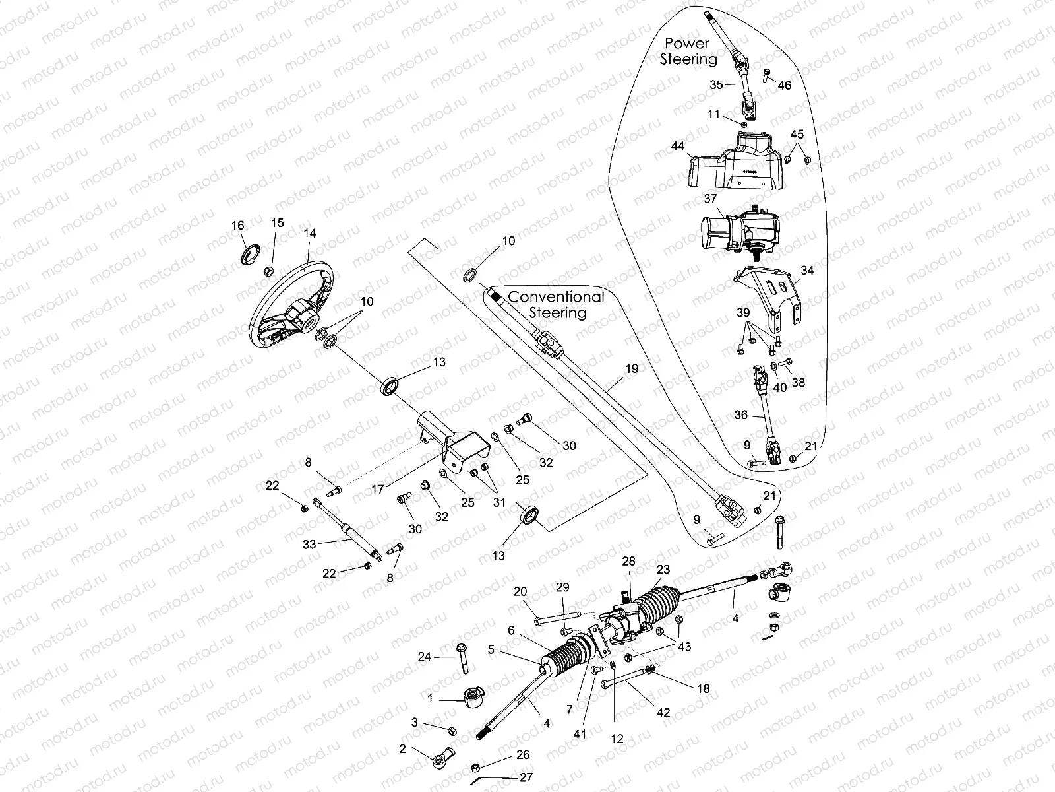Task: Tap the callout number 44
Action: (x=678, y=146)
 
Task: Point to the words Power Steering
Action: (x=687, y=51)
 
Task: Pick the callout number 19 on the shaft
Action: (x=631, y=369)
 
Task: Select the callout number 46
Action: (x=784, y=85)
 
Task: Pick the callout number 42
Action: (x=663, y=713)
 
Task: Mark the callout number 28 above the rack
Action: (x=628, y=561)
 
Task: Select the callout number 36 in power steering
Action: (x=740, y=415)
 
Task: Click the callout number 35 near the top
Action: (x=716, y=84)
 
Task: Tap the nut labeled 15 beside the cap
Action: (x=268, y=271)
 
